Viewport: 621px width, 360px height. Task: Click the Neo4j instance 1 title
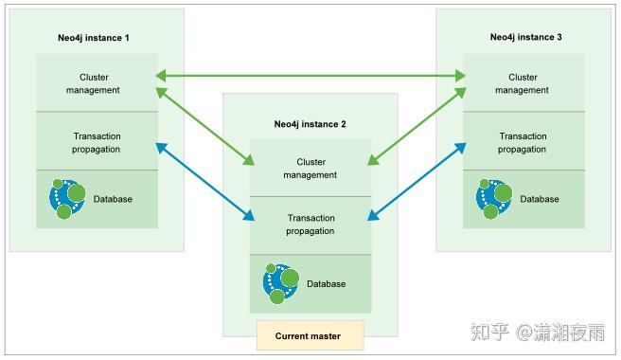pyautogui.click(x=94, y=37)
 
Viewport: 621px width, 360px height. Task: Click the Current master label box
pyautogui.click(x=310, y=335)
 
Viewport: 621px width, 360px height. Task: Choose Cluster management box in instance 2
pyautogui.click(x=310, y=169)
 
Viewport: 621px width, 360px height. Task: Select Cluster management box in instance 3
pyautogui.click(x=523, y=83)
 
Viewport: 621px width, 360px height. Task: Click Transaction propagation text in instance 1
pyautogui.click(x=97, y=142)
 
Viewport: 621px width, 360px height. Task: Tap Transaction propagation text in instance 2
pyautogui.click(x=310, y=224)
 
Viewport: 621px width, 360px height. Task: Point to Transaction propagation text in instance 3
pyautogui.click(x=523, y=142)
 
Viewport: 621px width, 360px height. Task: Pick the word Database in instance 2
pyautogui.click(x=326, y=284)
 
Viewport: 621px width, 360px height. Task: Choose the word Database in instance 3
pyautogui.click(x=540, y=199)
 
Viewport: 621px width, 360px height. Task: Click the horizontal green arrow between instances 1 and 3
pyautogui.click(x=310, y=74)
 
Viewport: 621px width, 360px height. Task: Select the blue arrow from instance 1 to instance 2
pyautogui.click(x=204, y=179)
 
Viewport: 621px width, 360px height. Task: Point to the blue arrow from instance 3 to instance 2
pyautogui.click(x=417, y=179)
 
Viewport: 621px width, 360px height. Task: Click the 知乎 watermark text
pyautogui.click(x=491, y=333)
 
